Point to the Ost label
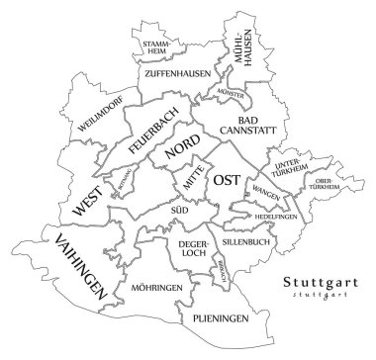[227, 180]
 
